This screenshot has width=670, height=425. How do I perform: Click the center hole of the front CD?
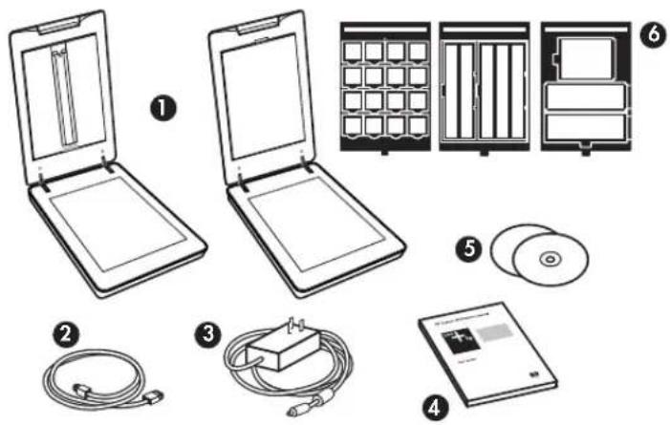(548, 259)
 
